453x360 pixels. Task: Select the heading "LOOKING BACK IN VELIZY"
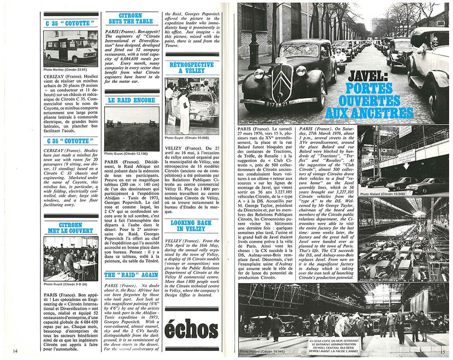[191, 226]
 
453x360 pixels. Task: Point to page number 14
[15, 350]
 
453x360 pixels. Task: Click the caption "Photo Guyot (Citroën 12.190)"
[126, 154]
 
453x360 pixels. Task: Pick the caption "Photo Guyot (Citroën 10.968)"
[186, 138]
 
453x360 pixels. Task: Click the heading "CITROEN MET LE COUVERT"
[70, 227]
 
